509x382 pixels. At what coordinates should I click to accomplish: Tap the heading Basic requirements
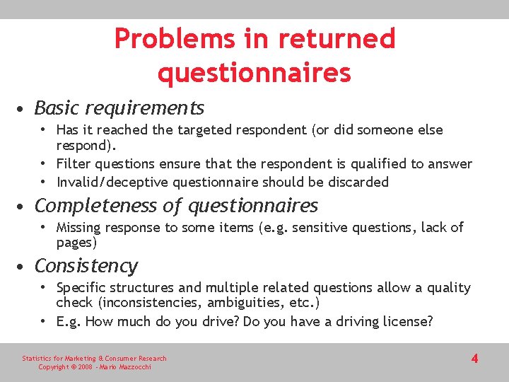[x=119, y=108]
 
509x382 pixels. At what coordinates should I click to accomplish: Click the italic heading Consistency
[x=86, y=266]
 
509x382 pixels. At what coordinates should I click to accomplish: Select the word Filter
[x=73, y=164]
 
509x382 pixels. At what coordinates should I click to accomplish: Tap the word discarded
[x=357, y=183]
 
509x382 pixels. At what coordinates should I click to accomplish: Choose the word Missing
[x=79, y=227]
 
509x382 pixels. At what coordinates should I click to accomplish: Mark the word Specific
[x=82, y=288]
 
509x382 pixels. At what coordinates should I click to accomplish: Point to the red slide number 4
[x=474, y=359]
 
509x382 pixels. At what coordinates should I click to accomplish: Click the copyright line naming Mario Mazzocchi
[x=93, y=367]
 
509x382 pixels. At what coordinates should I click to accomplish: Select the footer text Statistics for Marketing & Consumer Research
[x=94, y=359]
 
